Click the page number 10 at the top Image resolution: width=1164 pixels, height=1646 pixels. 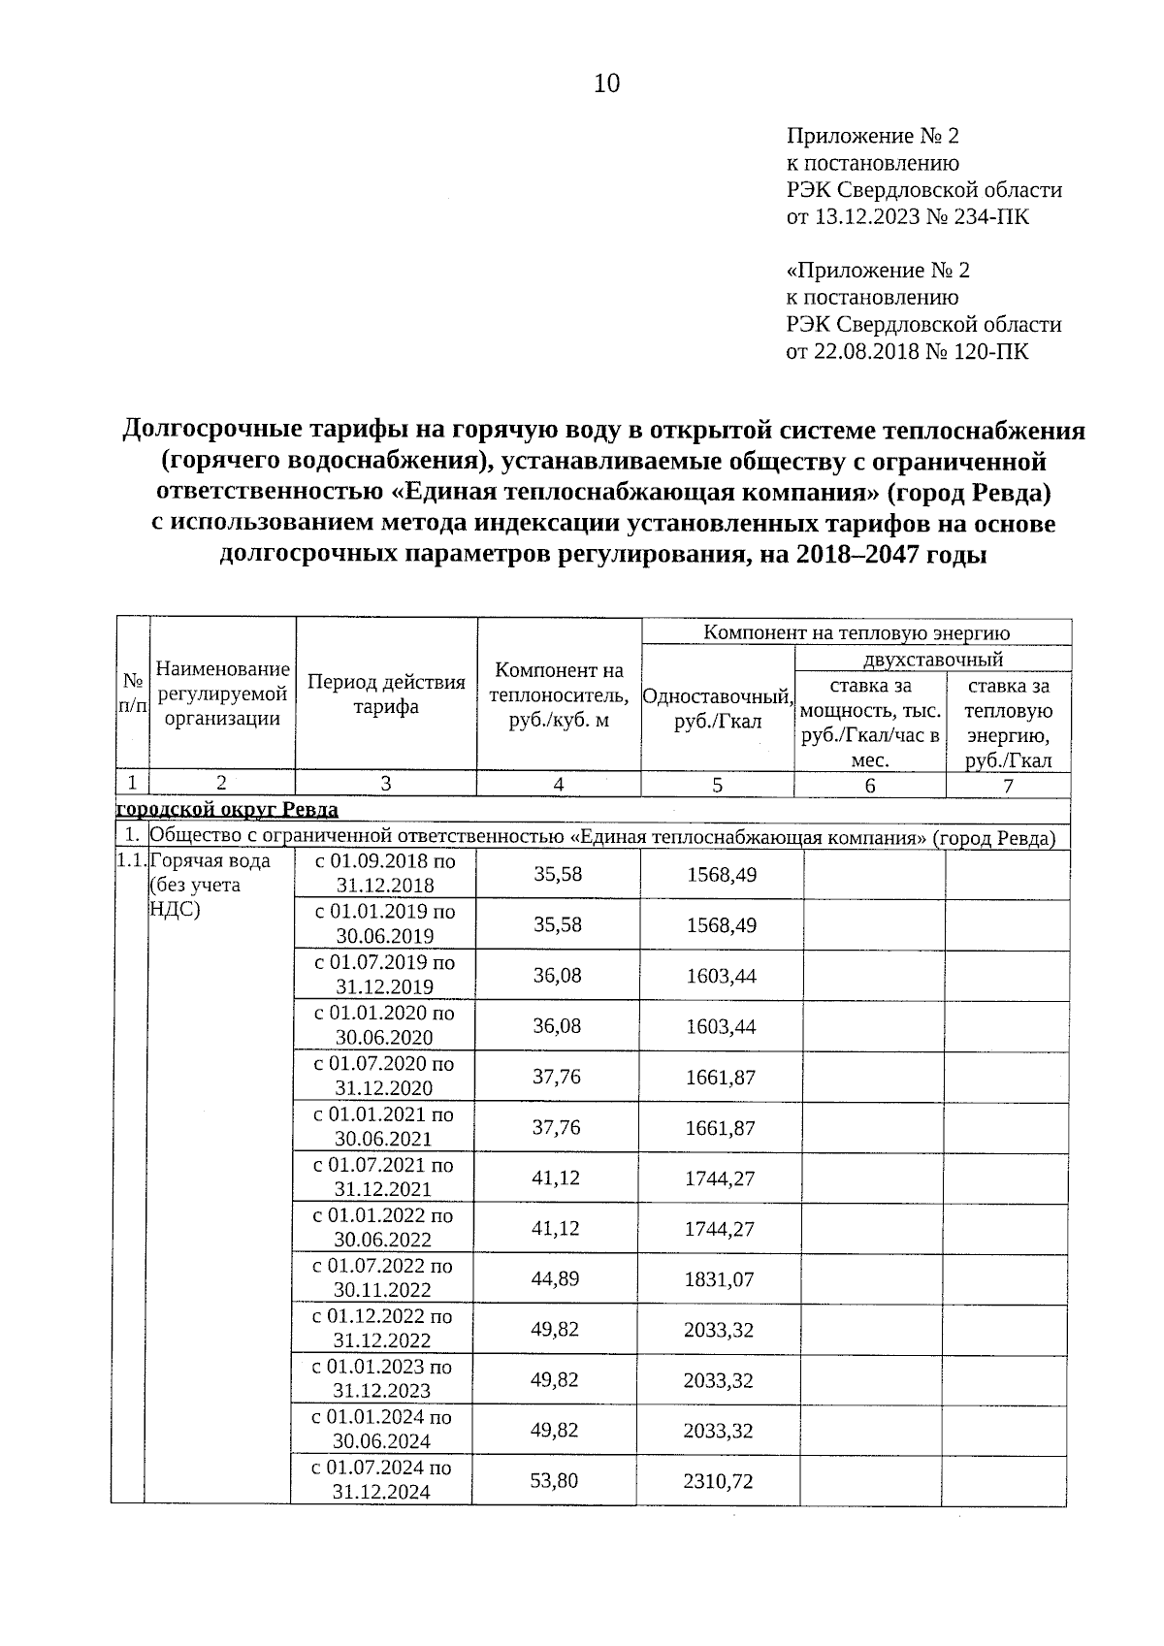[605, 84]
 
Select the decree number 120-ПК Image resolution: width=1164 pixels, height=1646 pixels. [991, 351]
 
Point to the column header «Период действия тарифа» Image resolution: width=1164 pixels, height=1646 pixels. [386, 694]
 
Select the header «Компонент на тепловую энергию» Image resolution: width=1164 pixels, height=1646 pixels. [856, 633]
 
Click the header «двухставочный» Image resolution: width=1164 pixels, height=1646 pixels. [932, 660]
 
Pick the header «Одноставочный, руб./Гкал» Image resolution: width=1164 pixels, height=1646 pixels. [718, 709]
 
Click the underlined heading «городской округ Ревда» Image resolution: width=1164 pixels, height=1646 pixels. [228, 810]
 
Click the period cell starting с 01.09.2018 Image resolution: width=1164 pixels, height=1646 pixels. [385, 873]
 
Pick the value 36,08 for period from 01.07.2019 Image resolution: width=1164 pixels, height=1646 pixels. [558, 975]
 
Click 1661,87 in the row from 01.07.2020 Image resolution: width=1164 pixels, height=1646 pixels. [720, 1077]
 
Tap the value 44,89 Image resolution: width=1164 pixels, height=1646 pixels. [555, 1278]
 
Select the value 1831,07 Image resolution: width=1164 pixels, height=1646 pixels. [719, 1278]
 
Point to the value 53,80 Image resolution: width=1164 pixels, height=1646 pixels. [555, 1480]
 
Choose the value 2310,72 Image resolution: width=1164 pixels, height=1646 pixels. [719, 1480]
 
